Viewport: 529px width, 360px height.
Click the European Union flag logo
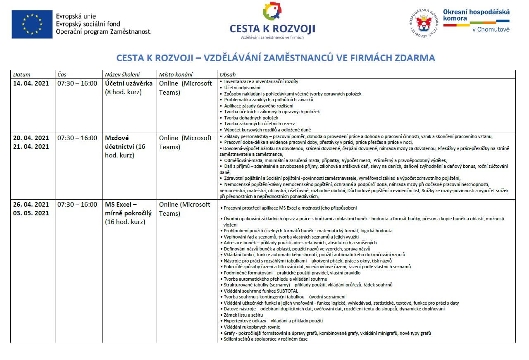point(32,24)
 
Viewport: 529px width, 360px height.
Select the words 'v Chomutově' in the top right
point(491,29)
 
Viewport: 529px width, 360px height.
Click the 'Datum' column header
point(22,74)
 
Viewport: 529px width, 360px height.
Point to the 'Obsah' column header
point(228,74)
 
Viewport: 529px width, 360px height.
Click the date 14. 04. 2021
point(31,83)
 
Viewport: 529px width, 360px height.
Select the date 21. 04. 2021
point(31,146)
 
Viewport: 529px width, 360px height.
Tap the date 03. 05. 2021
point(31,213)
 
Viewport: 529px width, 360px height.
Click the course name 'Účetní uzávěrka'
point(129,83)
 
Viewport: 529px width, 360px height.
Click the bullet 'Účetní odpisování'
point(242,88)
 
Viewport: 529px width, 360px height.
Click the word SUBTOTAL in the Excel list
point(288,291)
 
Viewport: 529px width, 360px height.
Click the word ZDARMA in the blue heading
point(415,58)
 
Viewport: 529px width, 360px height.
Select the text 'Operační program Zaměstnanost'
point(103,32)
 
